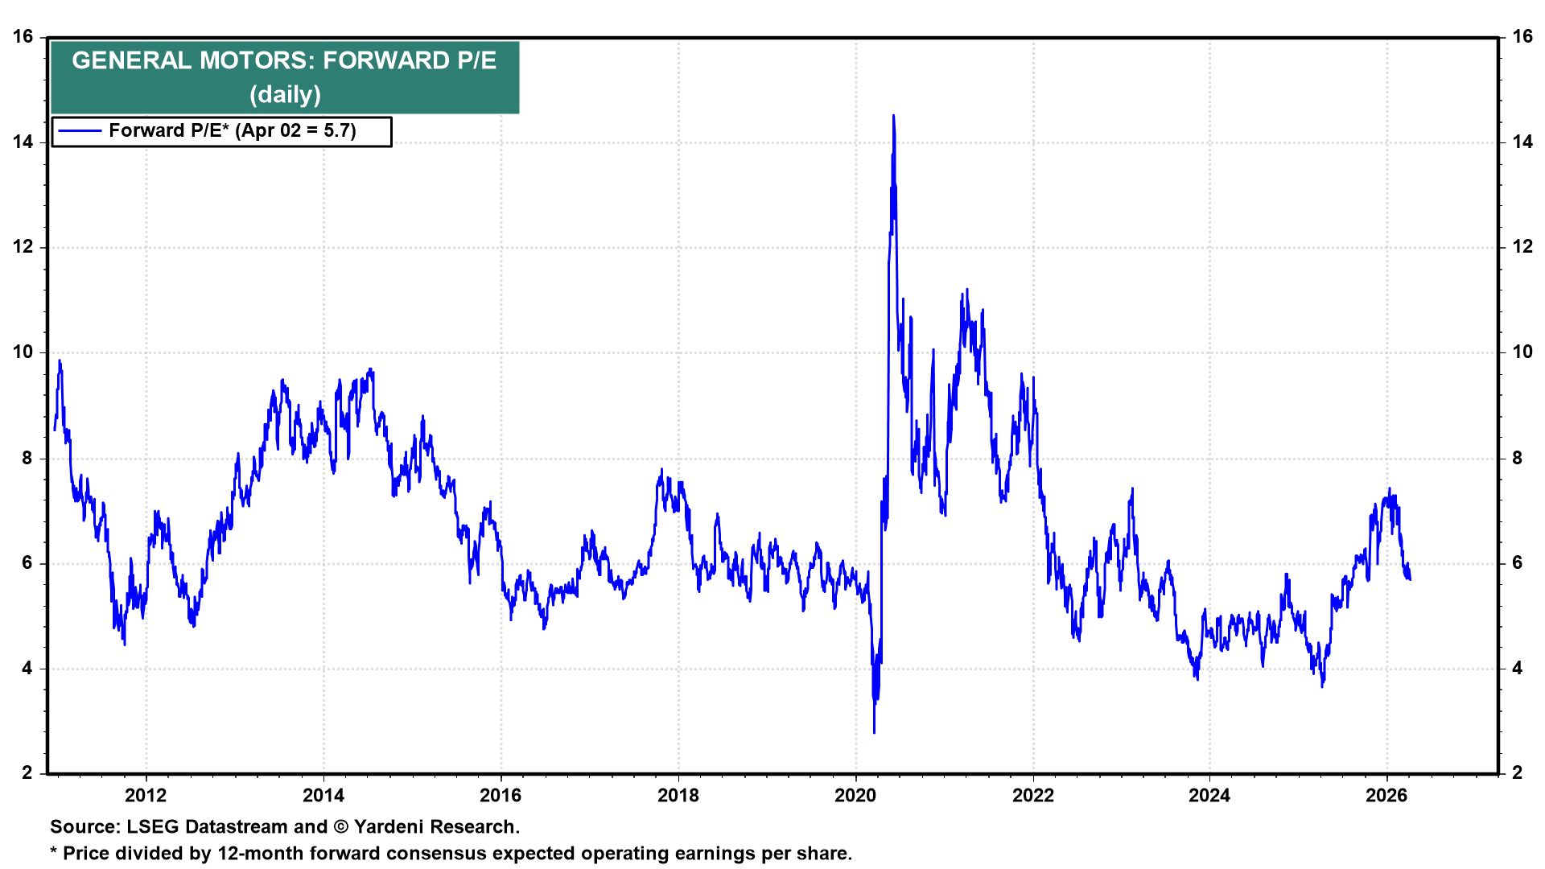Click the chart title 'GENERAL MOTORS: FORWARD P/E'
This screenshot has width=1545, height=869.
pos(284,60)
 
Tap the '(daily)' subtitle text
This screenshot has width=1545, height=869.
pos(285,95)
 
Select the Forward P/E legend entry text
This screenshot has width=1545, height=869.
pos(232,131)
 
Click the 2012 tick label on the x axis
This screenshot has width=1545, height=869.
pos(146,796)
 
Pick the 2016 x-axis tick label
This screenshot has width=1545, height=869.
pos(501,796)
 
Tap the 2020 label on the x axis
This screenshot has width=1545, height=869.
pos(855,796)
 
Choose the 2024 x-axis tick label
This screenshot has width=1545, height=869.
pos(1209,796)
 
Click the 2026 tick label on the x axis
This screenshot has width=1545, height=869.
pos(1386,796)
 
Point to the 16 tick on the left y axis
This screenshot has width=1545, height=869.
pos(23,37)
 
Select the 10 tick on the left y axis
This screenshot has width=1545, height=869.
pos(23,352)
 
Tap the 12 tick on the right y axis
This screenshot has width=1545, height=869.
pos(1522,247)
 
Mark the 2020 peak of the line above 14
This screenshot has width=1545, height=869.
pos(893,117)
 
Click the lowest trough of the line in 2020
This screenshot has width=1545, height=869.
pos(875,731)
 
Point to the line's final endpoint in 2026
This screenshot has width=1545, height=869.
pos(1410,579)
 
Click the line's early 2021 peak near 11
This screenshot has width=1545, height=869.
pos(966,290)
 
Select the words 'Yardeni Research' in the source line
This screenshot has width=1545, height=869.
pos(435,827)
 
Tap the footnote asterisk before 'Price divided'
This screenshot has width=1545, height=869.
pos(54,853)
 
